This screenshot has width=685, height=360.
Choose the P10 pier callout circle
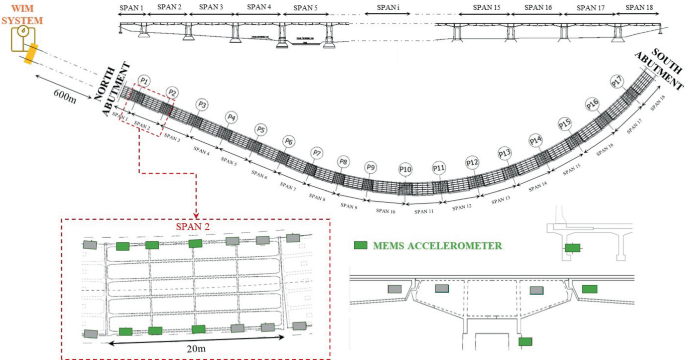tap(405, 169)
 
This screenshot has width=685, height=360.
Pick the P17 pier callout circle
tap(617, 81)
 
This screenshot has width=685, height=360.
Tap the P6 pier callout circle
tap(288, 142)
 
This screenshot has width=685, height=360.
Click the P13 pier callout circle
tap(505, 153)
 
